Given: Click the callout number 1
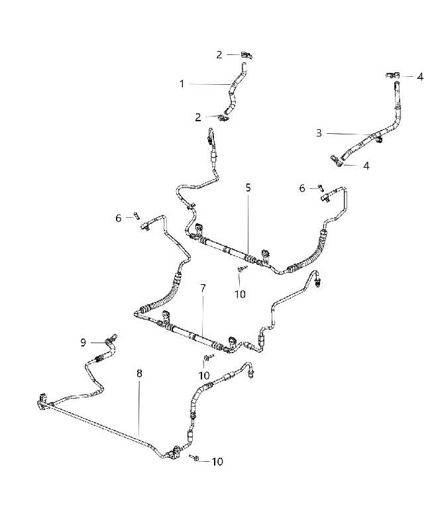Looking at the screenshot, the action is [x=182, y=84].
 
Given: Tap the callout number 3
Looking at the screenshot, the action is [x=319, y=133].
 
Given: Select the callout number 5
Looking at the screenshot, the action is [x=248, y=187].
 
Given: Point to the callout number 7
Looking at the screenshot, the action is [x=203, y=288].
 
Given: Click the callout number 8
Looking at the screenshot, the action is [x=139, y=374].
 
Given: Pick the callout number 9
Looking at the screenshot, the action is [x=83, y=343].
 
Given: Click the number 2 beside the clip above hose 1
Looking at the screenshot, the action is [x=219, y=55].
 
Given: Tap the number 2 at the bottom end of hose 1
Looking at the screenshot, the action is [x=198, y=117].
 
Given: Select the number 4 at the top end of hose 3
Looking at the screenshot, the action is [x=420, y=77].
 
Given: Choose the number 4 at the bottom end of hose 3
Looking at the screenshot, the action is [x=366, y=166].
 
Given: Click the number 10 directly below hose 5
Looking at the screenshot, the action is [x=240, y=294].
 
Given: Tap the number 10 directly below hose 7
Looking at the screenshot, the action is [x=204, y=376].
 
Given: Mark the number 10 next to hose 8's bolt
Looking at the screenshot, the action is [x=217, y=462].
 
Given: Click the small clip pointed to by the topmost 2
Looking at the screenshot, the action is [x=247, y=55].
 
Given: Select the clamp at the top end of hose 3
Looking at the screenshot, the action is [x=393, y=76].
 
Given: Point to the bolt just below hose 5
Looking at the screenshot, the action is [x=243, y=269].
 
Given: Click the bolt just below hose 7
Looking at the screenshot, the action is [x=208, y=357].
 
